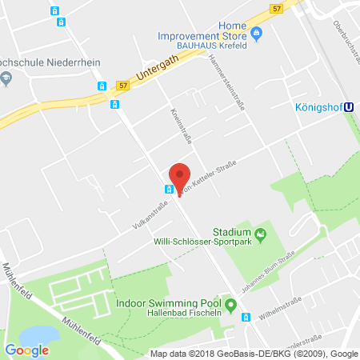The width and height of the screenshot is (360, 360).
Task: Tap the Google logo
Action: tap(27, 349)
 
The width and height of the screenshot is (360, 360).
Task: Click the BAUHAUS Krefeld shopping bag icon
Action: tap(257, 34)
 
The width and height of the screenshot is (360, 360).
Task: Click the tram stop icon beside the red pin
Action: tap(169, 189)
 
